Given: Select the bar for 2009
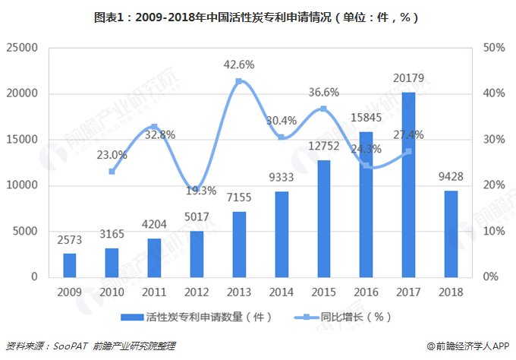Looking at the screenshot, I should pos(70,265).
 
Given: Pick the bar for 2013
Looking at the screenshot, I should pos(239,244).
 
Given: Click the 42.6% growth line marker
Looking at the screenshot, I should pos(239,81).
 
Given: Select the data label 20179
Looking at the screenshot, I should pos(408,77).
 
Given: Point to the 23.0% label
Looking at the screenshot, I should pos(112,155).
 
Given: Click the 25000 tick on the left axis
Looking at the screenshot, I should pos(22,48).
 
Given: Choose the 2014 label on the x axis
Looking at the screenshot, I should pos(282,292).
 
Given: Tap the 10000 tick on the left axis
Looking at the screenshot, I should pos(22,185).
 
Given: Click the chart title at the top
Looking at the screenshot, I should pos(258,17).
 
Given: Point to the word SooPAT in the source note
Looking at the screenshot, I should pos(74,346).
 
